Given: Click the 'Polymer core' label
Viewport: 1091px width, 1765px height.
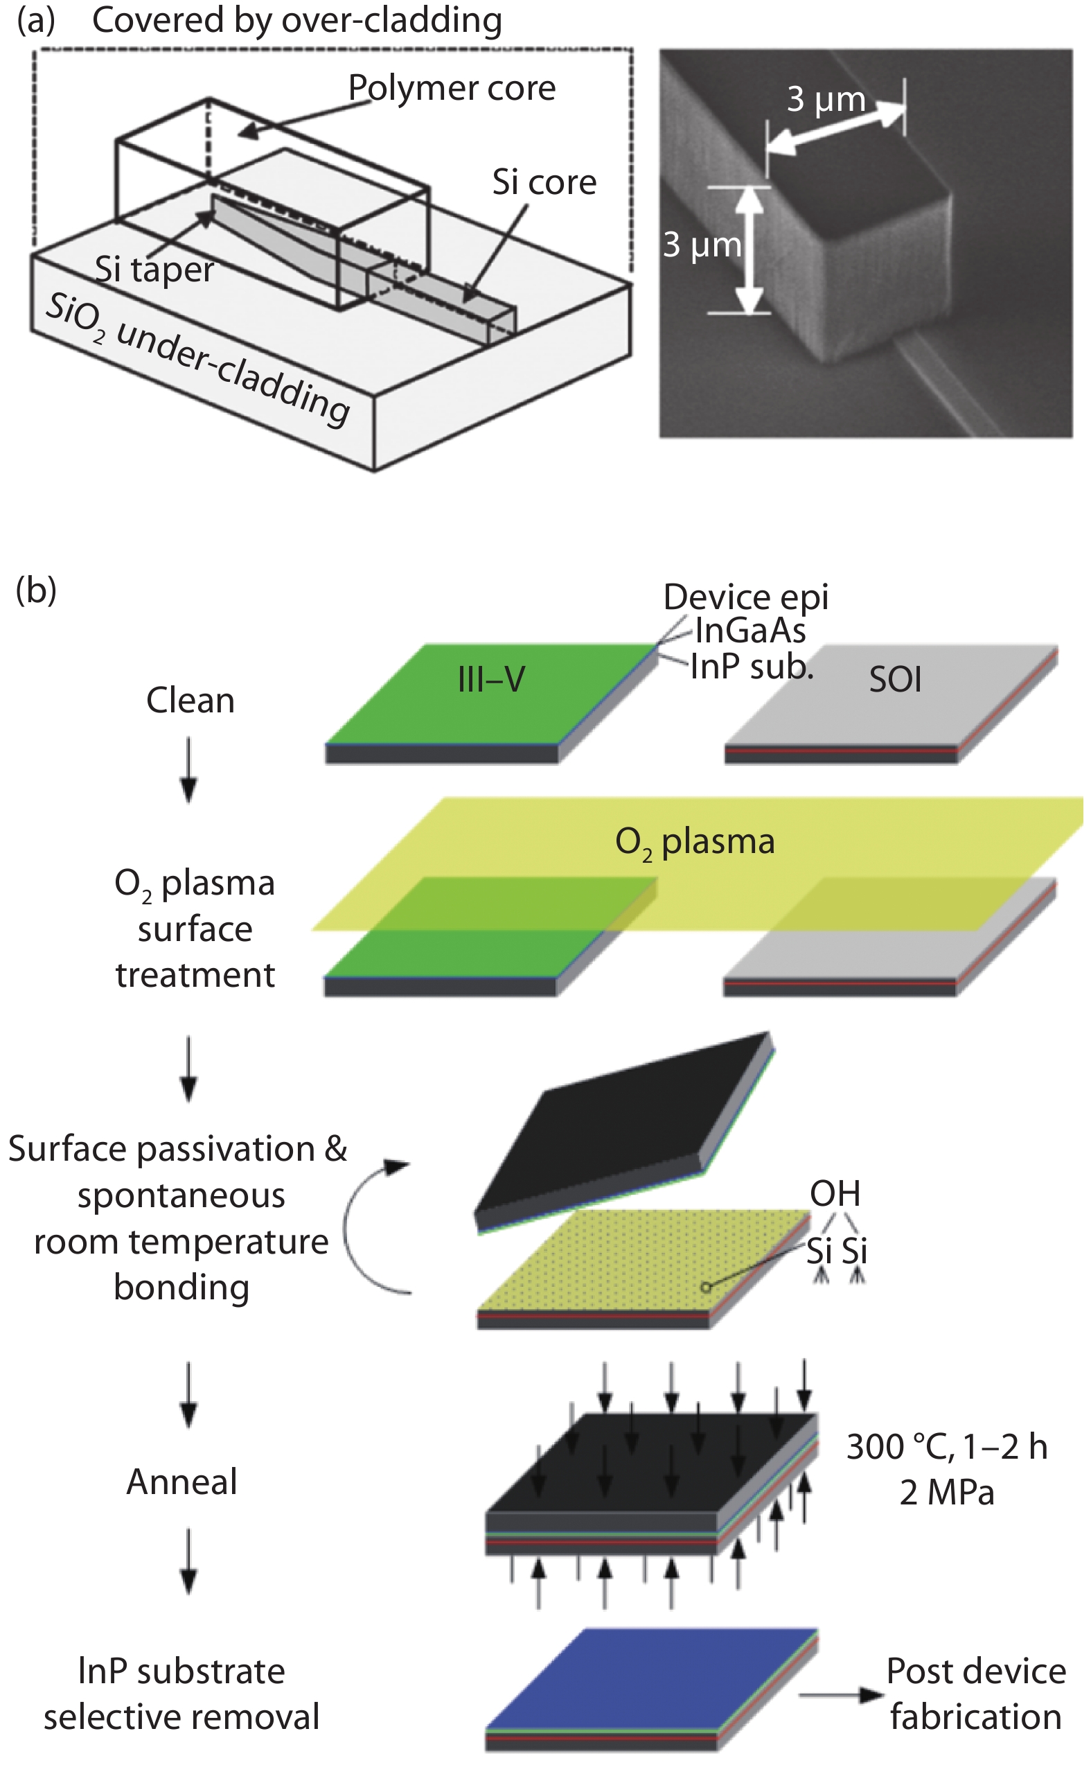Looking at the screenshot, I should pyautogui.click(x=452, y=88).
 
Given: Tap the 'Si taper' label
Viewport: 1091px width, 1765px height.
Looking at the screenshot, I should pyautogui.click(x=154, y=270).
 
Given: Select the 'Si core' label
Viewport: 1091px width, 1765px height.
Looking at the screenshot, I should pyautogui.click(x=544, y=182).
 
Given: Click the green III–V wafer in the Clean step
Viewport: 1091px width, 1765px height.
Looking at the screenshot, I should pyautogui.click(x=490, y=693).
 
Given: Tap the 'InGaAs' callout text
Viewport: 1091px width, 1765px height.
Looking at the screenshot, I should pyautogui.click(x=749, y=631).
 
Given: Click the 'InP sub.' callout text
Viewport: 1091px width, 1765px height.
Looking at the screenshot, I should pyautogui.click(x=752, y=667).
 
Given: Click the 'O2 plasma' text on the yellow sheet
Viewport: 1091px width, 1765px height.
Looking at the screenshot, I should pyautogui.click(x=694, y=842).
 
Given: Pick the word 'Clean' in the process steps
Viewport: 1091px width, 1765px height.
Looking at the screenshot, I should pyautogui.click(x=190, y=700).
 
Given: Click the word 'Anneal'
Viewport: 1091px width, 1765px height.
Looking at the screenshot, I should pyautogui.click(x=181, y=1482).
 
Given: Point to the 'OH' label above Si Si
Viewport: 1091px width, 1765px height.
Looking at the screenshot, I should pyautogui.click(x=835, y=1194).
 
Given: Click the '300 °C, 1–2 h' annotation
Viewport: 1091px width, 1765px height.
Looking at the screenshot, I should pyautogui.click(x=947, y=1448).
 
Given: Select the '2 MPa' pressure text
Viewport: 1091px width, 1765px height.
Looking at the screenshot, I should pyautogui.click(x=947, y=1493).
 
